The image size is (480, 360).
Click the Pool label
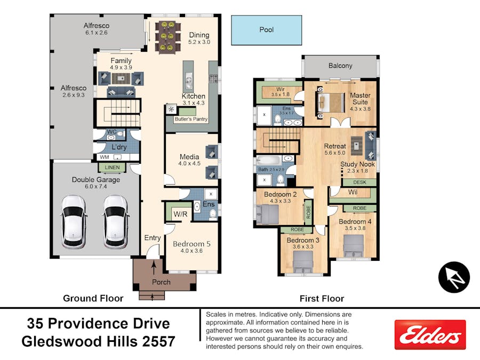(266, 30)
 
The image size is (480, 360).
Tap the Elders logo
(430, 334)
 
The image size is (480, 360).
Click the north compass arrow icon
(454, 277)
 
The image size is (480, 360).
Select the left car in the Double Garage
(73, 222)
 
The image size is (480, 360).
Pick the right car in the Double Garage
(115, 222)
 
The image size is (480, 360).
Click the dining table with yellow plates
(167, 37)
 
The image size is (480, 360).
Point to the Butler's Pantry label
(191, 119)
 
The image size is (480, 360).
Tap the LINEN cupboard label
(112, 167)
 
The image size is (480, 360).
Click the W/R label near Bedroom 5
(180, 214)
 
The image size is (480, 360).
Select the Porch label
(161, 282)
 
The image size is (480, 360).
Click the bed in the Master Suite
(331, 102)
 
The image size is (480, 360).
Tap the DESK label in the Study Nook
(359, 182)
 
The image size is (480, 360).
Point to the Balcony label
(340, 66)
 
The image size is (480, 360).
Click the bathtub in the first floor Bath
(268, 161)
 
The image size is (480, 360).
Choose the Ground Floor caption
(93, 298)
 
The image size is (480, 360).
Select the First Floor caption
(322, 299)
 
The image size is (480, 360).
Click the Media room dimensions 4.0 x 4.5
(189, 164)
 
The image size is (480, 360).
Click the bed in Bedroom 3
(303, 262)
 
